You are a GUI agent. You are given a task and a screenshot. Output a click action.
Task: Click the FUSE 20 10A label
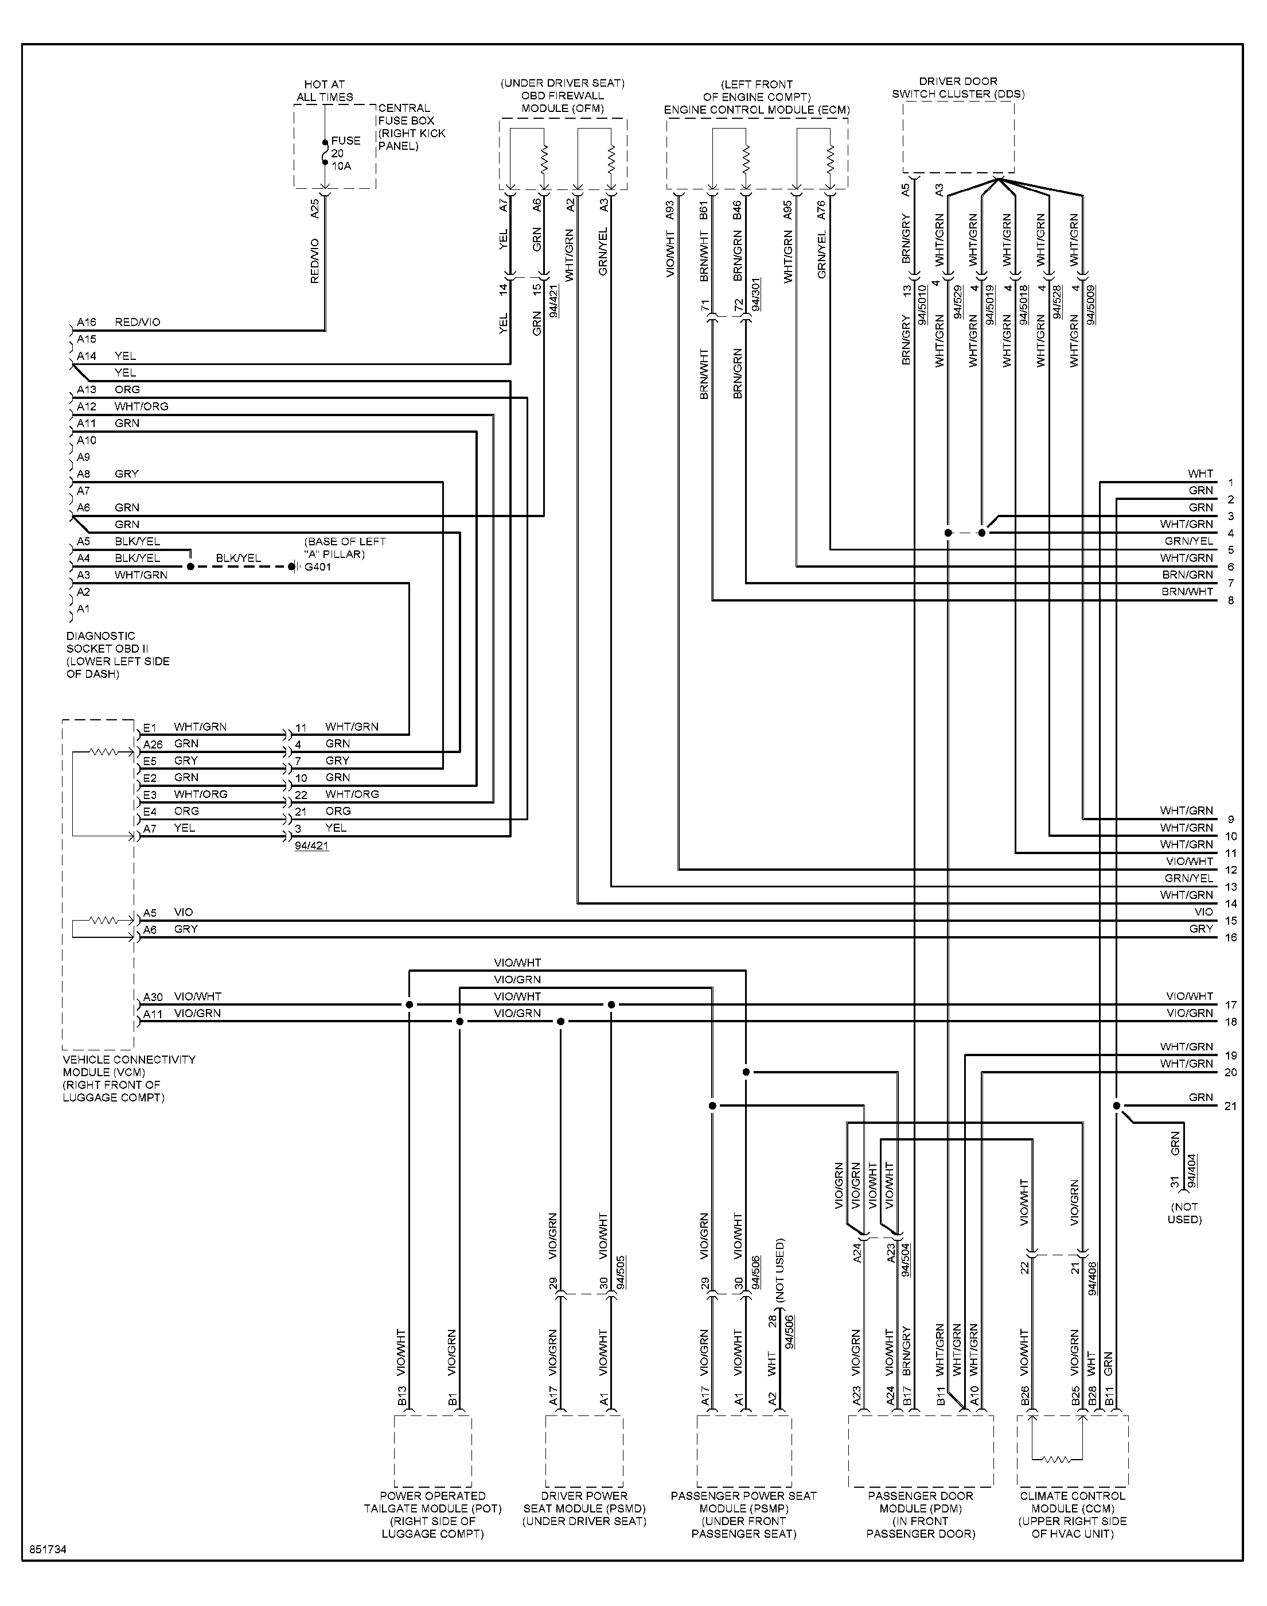click(346, 153)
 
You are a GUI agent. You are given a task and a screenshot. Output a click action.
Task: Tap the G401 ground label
click(318, 567)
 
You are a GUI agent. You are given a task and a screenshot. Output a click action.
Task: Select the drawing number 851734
click(48, 1550)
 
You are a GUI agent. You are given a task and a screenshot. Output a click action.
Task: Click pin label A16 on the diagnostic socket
click(87, 322)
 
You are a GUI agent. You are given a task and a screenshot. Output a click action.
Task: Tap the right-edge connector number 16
click(1231, 937)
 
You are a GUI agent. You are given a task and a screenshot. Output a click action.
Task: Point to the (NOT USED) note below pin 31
click(1184, 1213)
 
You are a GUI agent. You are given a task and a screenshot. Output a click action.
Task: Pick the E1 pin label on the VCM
click(150, 727)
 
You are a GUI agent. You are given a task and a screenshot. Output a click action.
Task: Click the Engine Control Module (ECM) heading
click(757, 97)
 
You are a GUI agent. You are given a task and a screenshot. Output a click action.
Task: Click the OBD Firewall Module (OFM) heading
click(562, 96)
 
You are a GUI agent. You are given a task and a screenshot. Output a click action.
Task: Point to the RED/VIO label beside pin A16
click(137, 322)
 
